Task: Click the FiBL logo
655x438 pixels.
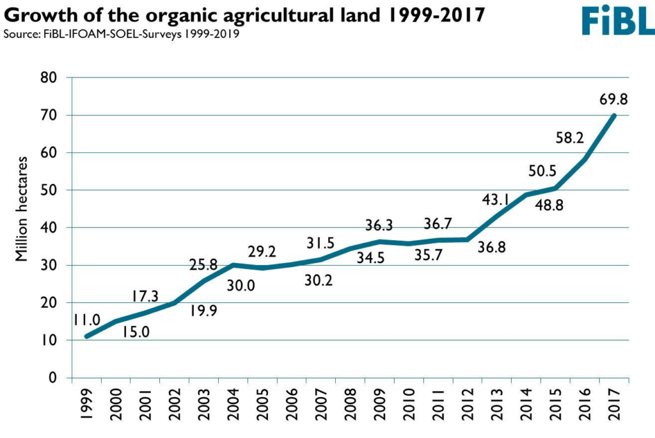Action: [x=619, y=20]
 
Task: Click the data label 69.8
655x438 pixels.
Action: [x=613, y=99]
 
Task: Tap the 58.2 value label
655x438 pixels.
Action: [x=569, y=138]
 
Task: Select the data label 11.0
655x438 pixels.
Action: [x=87, y=320]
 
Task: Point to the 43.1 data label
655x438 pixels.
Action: [x=496, y=200]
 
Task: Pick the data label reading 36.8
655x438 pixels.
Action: [x=492, y=247]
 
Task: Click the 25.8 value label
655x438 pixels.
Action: [x=203, y=264]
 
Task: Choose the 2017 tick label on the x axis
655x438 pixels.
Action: [x=613, y=404]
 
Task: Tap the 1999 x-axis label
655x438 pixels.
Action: [x=87, y=404]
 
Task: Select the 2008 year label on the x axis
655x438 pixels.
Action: [x=350, y=404]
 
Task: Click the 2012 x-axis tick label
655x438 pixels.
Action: [x=467, y=404]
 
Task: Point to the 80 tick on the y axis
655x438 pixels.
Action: [x=49, y=77]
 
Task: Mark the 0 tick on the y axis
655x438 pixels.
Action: [x=52, y=378]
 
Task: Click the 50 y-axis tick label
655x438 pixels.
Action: [x=49, y=190]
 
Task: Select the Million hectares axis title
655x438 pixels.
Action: [x=21, y=209]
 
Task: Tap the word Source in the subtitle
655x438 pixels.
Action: [x=21, y=33]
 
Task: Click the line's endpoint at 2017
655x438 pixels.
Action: [x=613, y=115]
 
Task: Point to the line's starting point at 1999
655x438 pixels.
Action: [x=87, y=336]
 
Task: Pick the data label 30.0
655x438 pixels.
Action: [x=241, y=286]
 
